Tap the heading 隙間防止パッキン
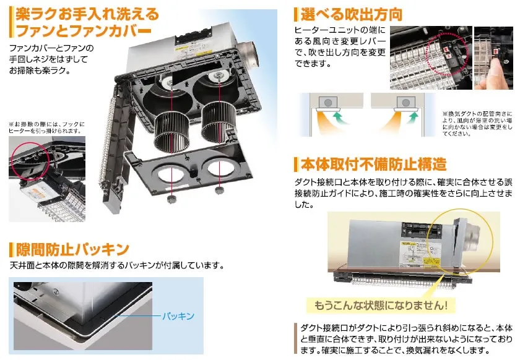[x=72, y=249]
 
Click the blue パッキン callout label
[x=178, y=316]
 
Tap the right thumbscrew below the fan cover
[x=219, y=191]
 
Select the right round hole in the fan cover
[x=221, y=168]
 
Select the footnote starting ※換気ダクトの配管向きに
[x=477, y=124]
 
